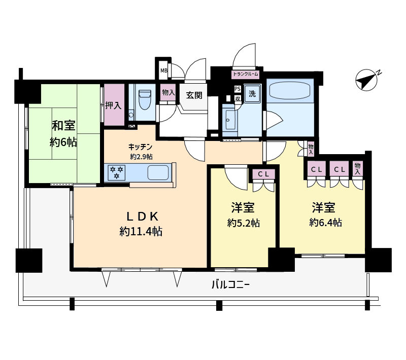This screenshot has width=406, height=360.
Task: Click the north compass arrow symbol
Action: click(x=367, y=80)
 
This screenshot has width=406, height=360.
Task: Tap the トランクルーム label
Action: click(x=246, y=74)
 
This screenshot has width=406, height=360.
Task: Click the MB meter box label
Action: click(x=163, y=70)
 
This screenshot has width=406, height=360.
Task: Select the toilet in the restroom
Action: click(x=145, y=99)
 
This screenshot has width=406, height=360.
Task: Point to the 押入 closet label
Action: click(x=113, y=105)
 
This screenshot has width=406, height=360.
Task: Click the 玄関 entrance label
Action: click(x=194, y=95)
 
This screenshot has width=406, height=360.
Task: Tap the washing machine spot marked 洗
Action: click(x=252, y=93)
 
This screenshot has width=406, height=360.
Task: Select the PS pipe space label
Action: click(x=237, y=89)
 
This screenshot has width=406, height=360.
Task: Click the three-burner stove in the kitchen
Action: click(x=117, y=172)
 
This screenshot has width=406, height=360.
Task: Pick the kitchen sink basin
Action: click(x=158, y=172)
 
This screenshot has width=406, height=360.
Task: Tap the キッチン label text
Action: click(x=141, y=147)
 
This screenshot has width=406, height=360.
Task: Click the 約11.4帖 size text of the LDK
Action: click(x=141, y=231)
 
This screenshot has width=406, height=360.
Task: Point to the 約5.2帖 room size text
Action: click(x=244, y=223)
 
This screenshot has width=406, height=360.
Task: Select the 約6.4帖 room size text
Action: click(x=325, y=222)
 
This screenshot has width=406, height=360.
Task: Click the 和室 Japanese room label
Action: click(x=63, y=125)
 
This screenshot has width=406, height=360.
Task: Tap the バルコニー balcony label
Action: click(x=230, y=285)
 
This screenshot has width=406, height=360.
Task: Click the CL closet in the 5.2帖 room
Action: click(x=263, y=174)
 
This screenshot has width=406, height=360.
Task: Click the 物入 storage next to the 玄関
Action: click(x=168, y=92)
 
